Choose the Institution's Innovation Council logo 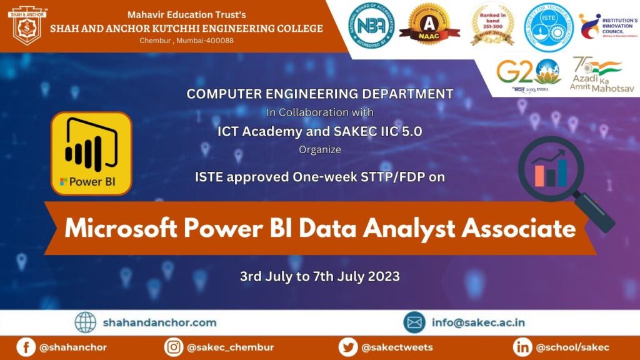tap(607, 27)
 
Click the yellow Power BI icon tap(91, 153)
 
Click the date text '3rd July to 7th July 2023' tap(319, 276)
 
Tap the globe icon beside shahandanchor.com tap(86, 322)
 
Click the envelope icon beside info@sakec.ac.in tap(414, 322)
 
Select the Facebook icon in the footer tap(26, 347)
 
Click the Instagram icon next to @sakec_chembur tap(174, 347)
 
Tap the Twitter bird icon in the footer tap(348, 347)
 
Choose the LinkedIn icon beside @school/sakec tap(522, 347)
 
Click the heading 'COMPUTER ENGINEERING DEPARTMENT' tap(319, 94)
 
